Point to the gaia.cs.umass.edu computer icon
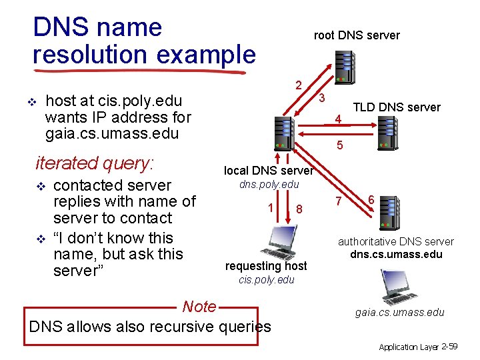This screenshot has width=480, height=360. (399, 287)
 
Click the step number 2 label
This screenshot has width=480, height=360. (299, 85)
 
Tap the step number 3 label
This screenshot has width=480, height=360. (321, 98)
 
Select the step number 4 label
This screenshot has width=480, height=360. (339, 120)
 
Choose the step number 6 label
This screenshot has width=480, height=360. (371, 199)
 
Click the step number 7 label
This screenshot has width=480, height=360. (339, 201)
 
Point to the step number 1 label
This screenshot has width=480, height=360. (270, 207)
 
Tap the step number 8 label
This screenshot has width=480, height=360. (300, 209)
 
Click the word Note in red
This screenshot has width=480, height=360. (199, 307)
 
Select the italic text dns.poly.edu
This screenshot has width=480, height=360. (269, 184)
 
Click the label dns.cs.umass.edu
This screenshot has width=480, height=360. (396, 254)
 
